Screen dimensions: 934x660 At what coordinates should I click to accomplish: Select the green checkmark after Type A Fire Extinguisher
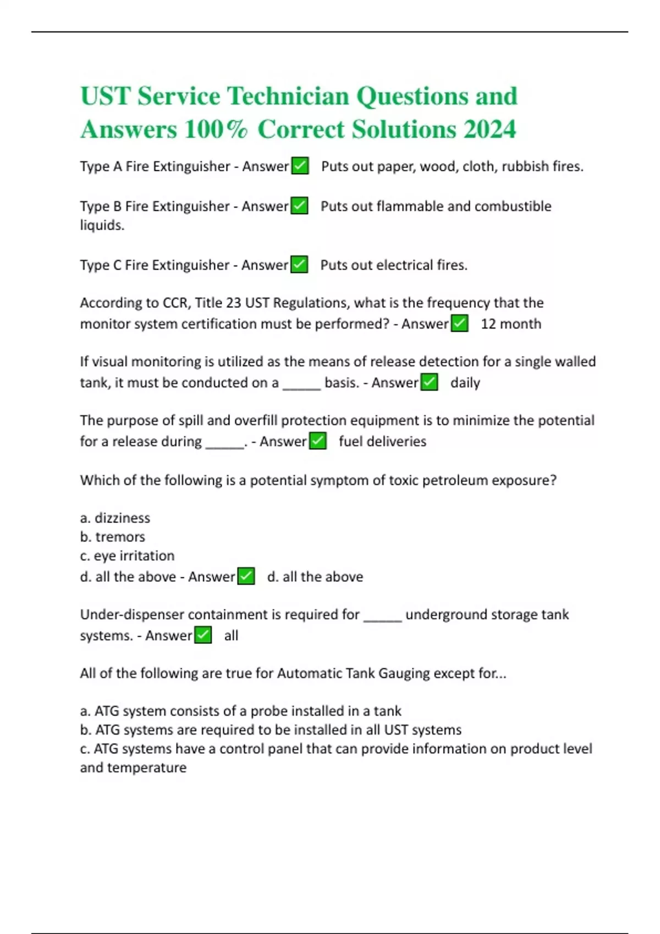click(300, 166)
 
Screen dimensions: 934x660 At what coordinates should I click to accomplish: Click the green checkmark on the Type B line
click(299, 206)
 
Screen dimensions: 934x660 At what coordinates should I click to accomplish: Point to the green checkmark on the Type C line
click(299, 265)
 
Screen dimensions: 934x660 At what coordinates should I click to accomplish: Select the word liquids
click(102, 225)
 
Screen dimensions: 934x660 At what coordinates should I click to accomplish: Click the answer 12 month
click(511, 324)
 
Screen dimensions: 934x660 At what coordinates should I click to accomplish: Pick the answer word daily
click(465, 383)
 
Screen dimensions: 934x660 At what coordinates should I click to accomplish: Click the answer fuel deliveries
click(382, 442)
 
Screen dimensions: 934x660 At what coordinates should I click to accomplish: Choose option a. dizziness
click(115, 518)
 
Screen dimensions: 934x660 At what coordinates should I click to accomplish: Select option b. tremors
click(113, 537)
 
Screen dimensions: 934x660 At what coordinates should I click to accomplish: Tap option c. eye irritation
click(127, 556)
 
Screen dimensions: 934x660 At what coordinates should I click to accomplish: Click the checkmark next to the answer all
click(203, 636)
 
